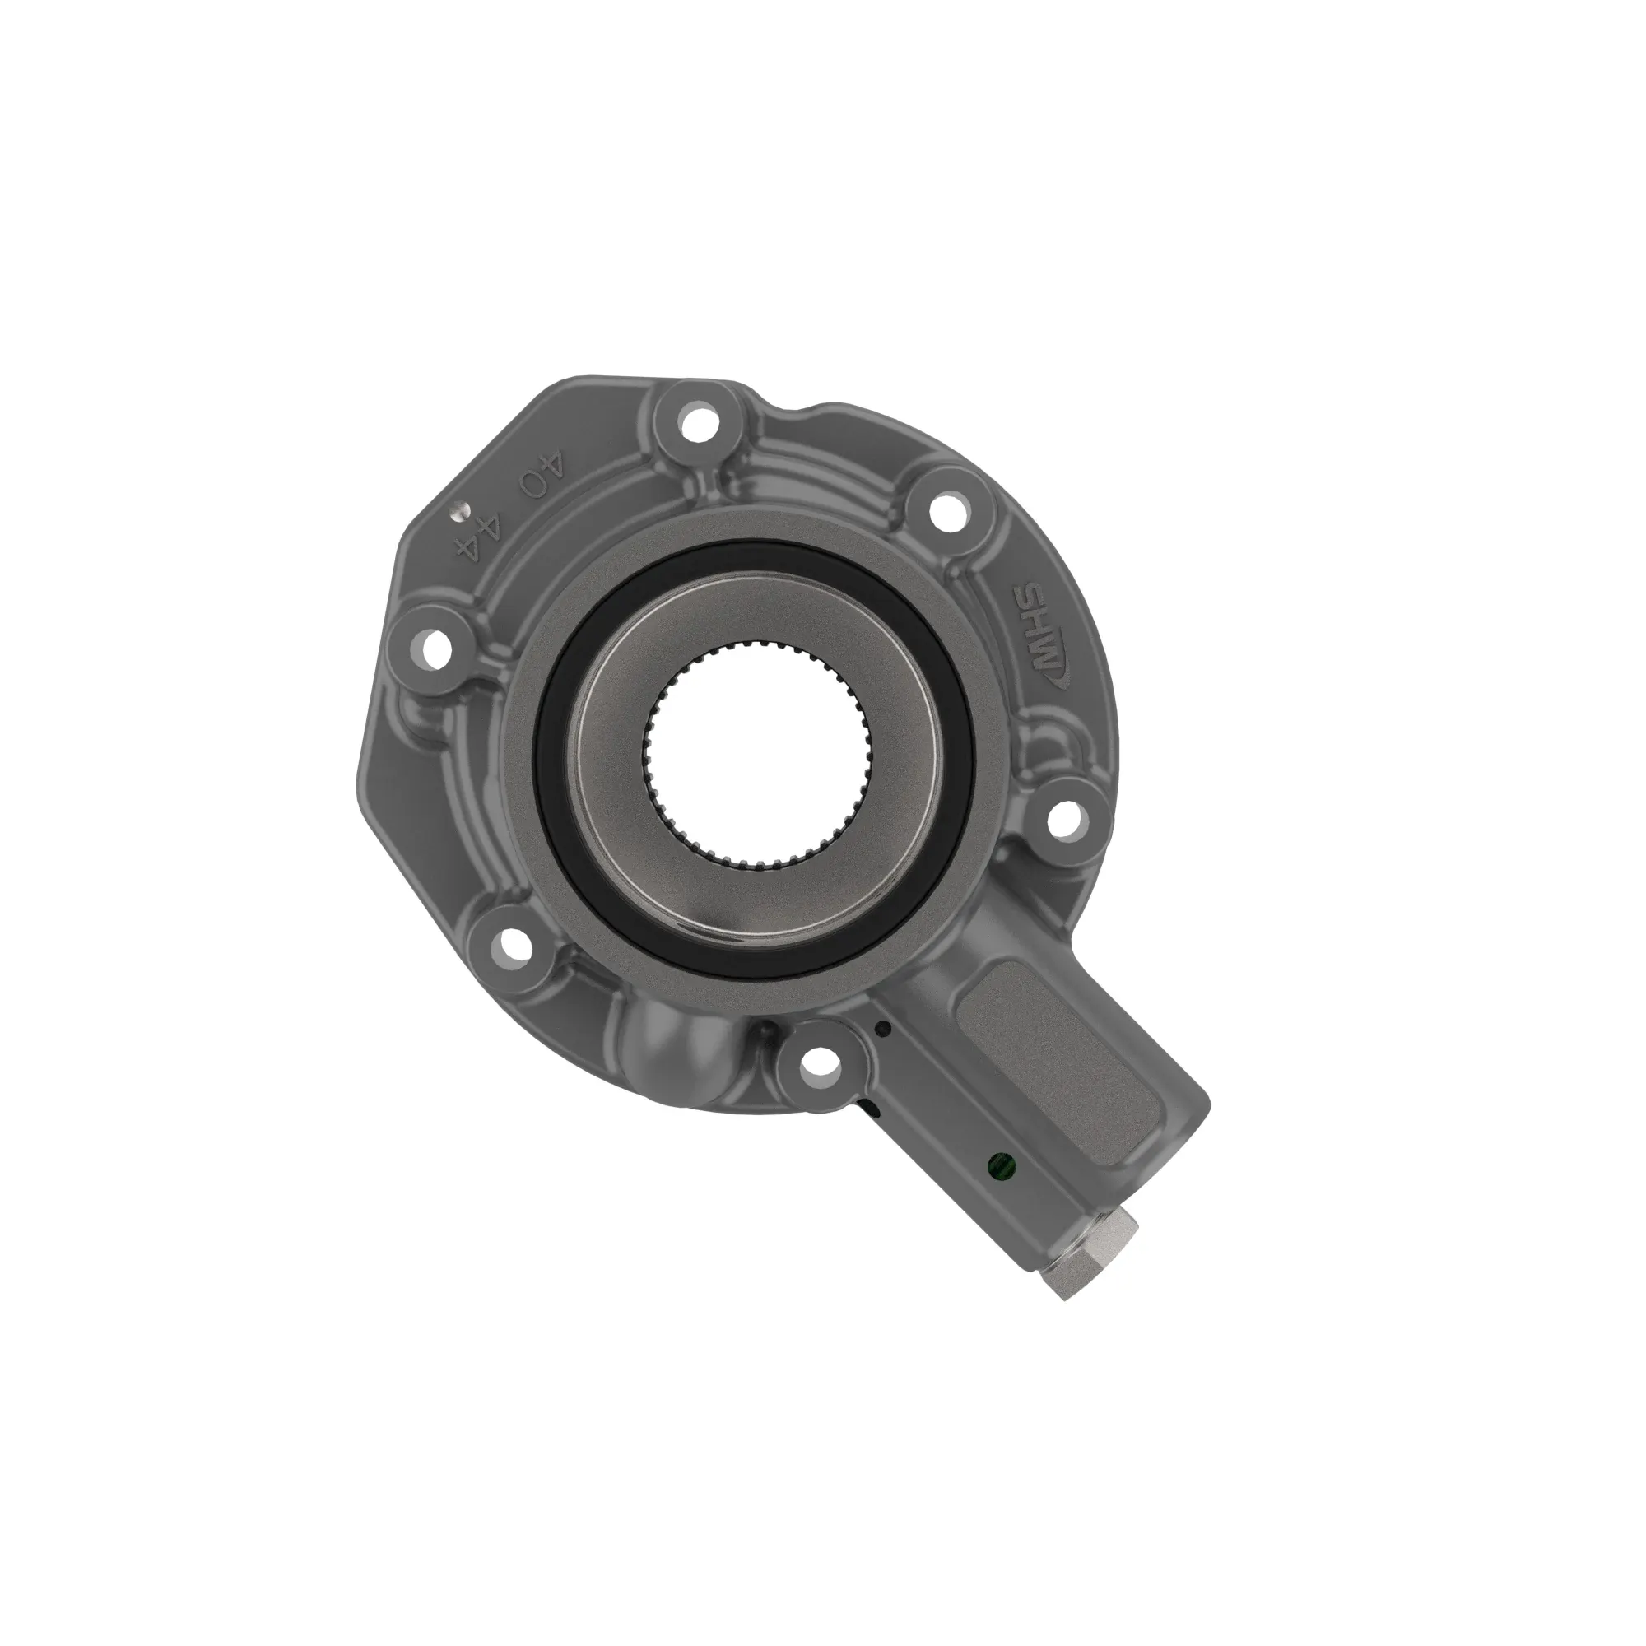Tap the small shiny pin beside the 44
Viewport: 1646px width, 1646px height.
point(459,509)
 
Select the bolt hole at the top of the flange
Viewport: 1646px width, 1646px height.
point(699,421)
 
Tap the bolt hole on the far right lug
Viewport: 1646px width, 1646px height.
point(1062,819)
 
